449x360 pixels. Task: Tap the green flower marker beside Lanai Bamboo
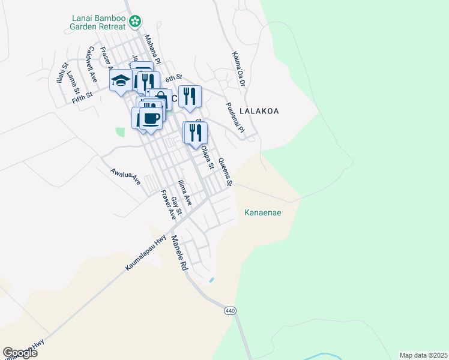pos(136,22)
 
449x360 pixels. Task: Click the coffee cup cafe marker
pos(152,118)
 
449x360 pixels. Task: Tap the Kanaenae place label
pos(263,212)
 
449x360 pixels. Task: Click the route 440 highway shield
pos(230,311)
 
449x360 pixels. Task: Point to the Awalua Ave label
pos(125,176)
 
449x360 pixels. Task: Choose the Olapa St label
pos(207,157)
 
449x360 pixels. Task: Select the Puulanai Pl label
pos(235,118)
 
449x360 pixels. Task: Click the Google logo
pos(20,353)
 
